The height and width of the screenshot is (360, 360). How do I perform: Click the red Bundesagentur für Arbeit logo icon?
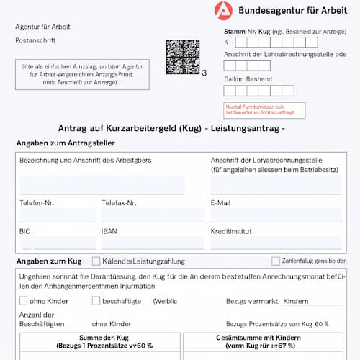click(x=223, y=11)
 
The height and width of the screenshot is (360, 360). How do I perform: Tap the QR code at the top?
click(x=182, y=57)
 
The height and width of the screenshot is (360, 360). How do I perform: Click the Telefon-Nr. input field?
click(x=57, y=215)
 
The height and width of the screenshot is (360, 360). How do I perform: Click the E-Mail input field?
click(x=277, y=215)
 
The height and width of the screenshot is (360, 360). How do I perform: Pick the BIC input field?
click(x=57, y=243)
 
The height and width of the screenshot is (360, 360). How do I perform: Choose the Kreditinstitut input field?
click(x=277, y=243)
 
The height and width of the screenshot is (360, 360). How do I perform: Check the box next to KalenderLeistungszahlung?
click(x=96, y=261)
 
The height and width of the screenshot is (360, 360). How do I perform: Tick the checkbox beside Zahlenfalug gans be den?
click(x=276, y=261)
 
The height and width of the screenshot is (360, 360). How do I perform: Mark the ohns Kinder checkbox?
click(x=24, y=300)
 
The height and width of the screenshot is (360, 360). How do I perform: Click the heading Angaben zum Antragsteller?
click(x=65, y=143)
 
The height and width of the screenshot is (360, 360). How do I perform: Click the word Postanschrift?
click(x=35, y=41)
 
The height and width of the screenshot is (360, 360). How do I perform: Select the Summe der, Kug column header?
click(x=101, y=341)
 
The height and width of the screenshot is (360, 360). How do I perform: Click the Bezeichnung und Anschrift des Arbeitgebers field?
click(x=102, y=184)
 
